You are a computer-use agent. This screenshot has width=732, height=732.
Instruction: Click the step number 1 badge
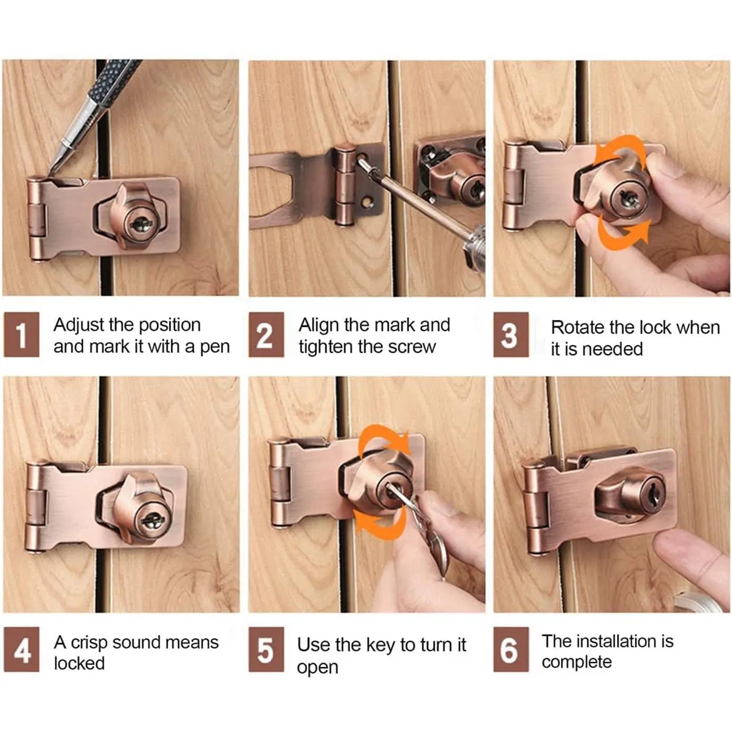(x=21, y=334)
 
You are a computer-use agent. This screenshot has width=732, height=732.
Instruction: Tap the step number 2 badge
(x=266, y=334)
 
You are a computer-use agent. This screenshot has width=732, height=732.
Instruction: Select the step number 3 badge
(x=511, y=334)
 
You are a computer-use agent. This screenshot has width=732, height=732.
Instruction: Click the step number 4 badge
(x=21, y=649)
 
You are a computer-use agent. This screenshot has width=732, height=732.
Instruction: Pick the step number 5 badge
(x=266, y=649)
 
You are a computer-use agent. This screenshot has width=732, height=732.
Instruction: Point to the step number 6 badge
(x=511, y=649)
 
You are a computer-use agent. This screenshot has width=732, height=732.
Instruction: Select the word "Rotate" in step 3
(x=574, y=327)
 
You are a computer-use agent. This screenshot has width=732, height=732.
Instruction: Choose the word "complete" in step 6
(x=577, y=663)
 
